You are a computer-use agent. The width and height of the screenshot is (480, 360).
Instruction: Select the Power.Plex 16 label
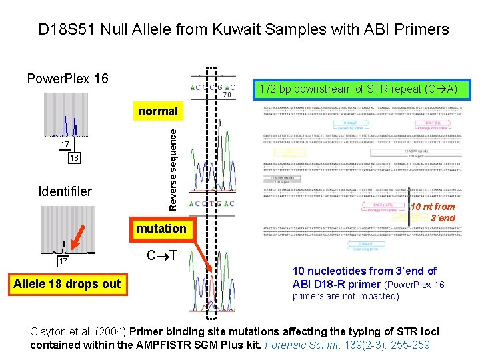click(67, 79)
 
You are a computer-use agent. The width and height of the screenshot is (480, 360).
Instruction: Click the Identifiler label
click(65, 192)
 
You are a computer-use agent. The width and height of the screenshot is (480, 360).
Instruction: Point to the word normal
click(157, 111)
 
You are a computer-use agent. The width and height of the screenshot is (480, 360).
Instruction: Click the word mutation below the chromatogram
click(161, 229)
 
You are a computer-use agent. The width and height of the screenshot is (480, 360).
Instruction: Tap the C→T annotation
click(162, 255)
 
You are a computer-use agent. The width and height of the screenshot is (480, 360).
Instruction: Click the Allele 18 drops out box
click(67, 284)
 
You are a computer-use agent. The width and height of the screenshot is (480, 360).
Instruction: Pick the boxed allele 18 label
click(73, 159)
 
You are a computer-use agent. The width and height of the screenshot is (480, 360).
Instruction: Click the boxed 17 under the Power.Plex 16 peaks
click(65, 145)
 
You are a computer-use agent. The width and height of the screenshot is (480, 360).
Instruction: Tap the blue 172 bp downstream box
click(359, 89)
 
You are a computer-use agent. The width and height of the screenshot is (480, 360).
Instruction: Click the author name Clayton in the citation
click(51, 331)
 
